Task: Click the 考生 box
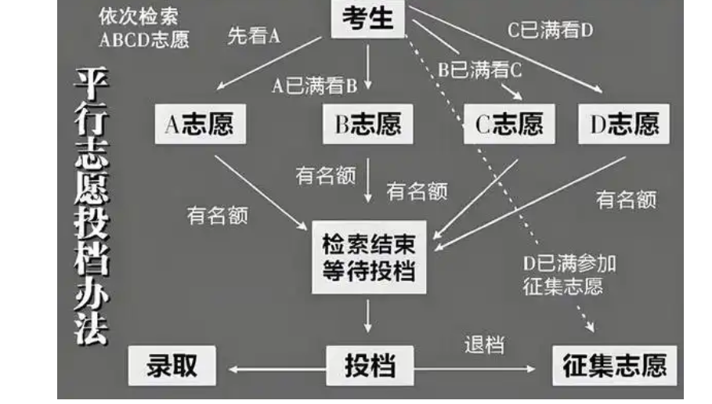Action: tap(368, 18)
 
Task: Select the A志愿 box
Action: tap(200, 124)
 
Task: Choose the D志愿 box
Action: tap(624, 124)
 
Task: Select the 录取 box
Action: tap(172, 366)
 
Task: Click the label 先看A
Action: tap(253, 36)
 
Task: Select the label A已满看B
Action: tap(314, 85)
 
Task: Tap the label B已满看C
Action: tap(479, 70)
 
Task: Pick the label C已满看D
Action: tap(550, 31)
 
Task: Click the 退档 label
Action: tap(484, 344)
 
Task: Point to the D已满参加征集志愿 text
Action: tap(569, 274)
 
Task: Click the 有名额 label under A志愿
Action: tap(217, 215)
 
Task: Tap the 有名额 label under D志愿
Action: tap(626, 200)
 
